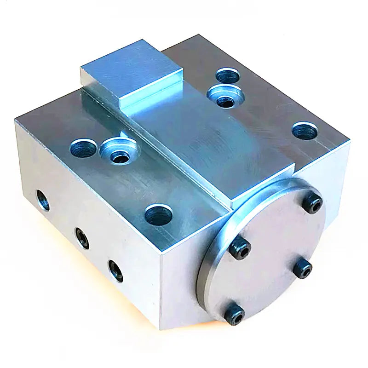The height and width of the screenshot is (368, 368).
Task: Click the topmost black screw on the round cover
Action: pyautogui.click(x=313, y=203)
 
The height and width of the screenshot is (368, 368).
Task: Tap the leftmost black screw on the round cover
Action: pyautogui.click(x=241, y=248)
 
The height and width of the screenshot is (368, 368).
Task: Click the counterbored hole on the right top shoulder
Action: pyautogui.click(x=225, y=96)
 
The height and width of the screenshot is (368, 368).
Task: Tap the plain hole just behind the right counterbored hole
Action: pyautogui.click(x=228, y=75)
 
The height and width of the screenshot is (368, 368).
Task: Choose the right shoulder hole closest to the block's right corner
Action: pyautogui.click(x=305, y=132)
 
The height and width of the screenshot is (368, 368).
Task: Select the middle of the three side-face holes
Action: pyautogui.click(x=82, y=238)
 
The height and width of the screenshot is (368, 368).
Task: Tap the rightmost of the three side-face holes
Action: pyautogui.click(x=115, y=270)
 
